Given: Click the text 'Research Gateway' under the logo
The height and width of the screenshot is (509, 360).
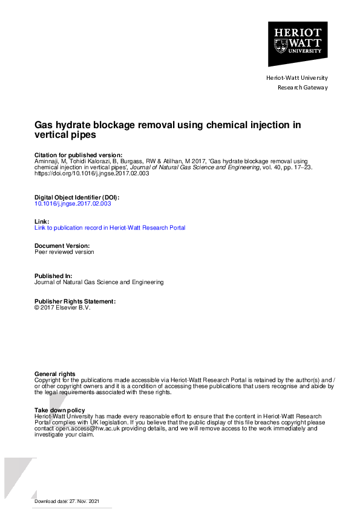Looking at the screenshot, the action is coord(303,88).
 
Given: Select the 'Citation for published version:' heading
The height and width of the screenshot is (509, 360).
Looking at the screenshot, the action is coord(78,155).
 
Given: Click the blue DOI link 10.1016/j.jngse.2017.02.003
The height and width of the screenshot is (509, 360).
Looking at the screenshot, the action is coord(73,204).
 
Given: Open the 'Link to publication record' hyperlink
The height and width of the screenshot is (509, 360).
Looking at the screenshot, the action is coord(110,228).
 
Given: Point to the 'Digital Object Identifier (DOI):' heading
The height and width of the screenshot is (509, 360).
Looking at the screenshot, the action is coord(77,198).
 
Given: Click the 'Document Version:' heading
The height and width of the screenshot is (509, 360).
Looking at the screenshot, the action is coord(62,246).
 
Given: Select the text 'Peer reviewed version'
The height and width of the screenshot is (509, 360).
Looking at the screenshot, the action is coord(64,252).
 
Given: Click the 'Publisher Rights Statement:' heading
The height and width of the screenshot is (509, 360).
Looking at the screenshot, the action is coord(74,300).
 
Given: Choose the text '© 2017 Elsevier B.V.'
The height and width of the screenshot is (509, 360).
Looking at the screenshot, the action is coord(62,307).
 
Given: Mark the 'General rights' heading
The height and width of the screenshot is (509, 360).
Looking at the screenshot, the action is coord(55,374).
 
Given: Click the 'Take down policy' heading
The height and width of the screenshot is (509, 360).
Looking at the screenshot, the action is coord(59,410).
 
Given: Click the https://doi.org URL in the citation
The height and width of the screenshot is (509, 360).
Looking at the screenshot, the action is coord(91,173).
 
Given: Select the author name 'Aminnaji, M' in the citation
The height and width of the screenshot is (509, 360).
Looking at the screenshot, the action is coord(50,161).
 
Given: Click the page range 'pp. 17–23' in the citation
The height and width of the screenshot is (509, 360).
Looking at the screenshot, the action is coord(296,167).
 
